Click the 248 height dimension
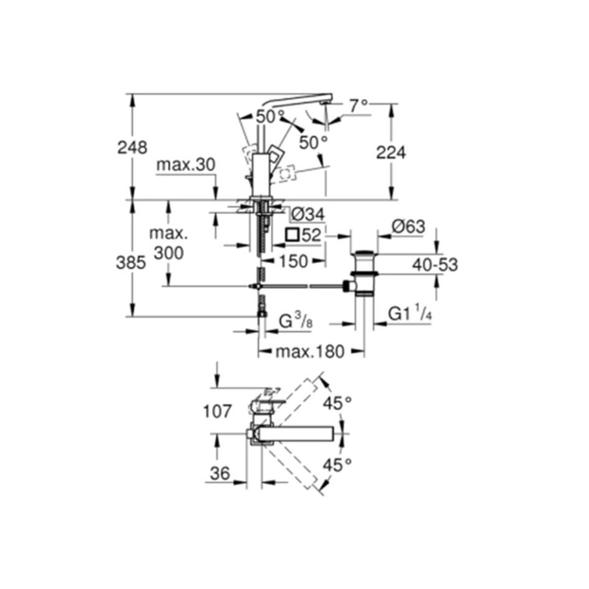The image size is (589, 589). [133, 148]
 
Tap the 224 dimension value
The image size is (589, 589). [391, 153]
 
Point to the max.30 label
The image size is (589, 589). [186, 165]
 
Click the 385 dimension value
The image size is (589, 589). [131, 263]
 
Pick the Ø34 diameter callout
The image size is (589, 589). [307, 215]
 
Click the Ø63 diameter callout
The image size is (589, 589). [409, 227]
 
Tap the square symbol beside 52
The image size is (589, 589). [292, 236]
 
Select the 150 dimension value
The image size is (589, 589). [293, 261]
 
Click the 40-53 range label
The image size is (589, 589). [435, 265]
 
